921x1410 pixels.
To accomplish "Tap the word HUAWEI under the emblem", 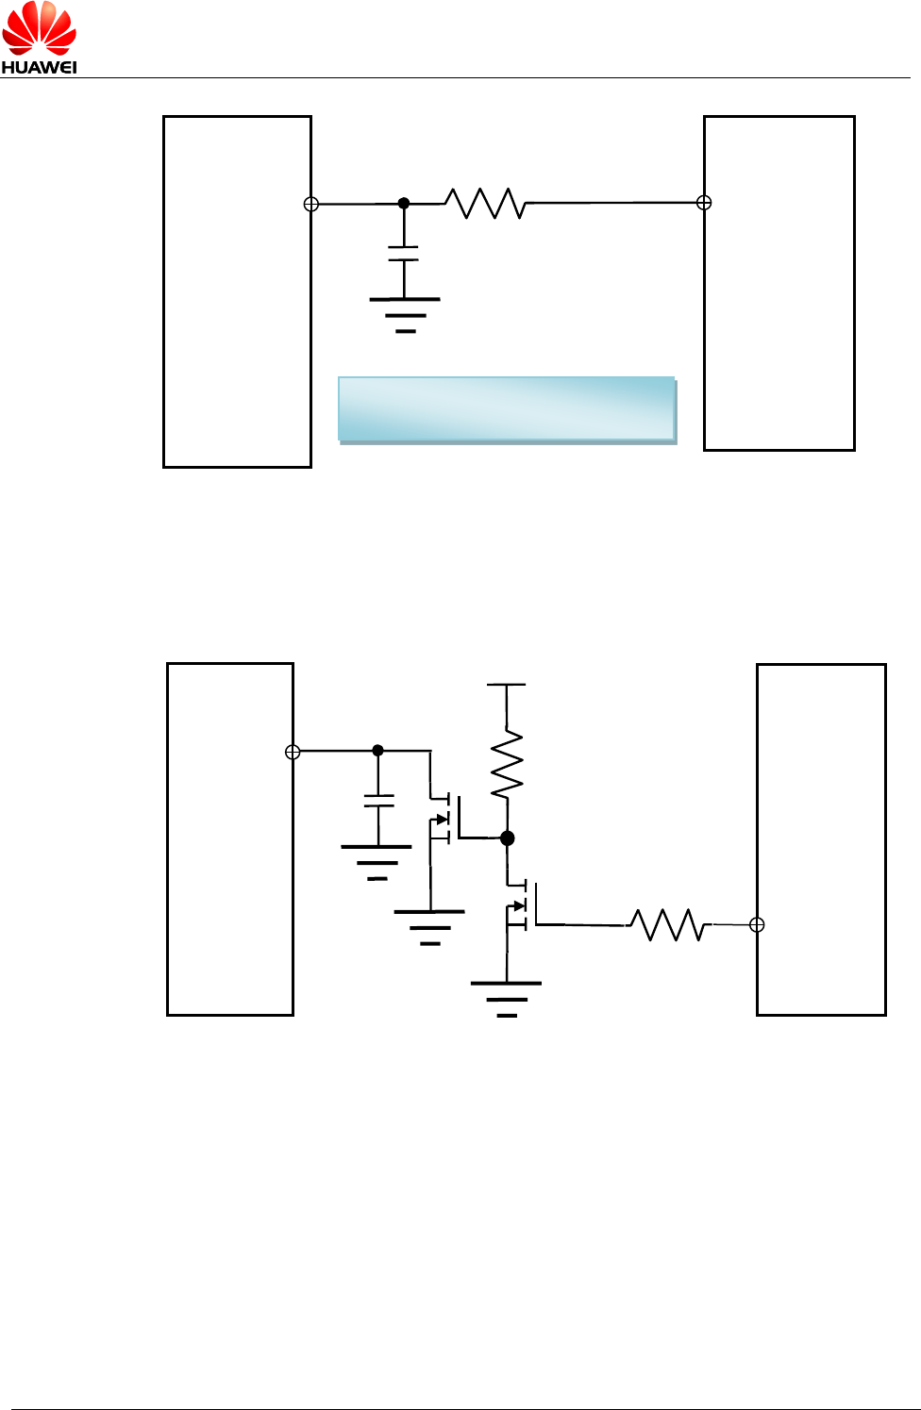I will (39, 67).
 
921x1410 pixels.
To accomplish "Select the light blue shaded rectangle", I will (507, 409).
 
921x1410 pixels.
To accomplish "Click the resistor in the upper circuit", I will (485, 203).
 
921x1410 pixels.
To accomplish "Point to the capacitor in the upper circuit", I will (404, 253).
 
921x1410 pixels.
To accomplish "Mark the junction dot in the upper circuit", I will (404, 203).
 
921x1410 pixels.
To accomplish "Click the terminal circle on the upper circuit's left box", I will (311, 204).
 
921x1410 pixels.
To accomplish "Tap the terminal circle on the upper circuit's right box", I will (703, 203).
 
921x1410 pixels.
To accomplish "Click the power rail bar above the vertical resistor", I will (507, 685).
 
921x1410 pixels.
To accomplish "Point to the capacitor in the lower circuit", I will (378, 801).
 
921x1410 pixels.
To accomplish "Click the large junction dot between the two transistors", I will (508, 838).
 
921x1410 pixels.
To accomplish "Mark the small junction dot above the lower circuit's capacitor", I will (378, 751).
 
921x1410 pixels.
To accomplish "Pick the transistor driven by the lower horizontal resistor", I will (521, 905).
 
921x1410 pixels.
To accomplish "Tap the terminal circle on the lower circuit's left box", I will (293, 752).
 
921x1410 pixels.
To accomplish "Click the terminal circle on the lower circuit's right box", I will (757, 925).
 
